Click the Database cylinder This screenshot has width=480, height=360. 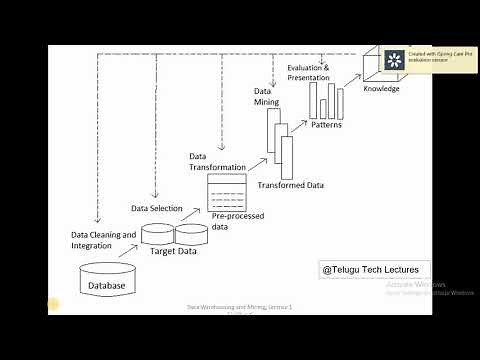coord(108,280)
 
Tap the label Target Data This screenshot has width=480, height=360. coord(173,252)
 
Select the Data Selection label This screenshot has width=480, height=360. coord(157,208)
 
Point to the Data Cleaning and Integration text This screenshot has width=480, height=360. coord(103,240)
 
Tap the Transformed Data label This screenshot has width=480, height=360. coord(290,185)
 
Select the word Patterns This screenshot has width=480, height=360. coord(327,125)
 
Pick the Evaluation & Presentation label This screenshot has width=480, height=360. coord(308,72)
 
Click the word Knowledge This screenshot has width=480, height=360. coord(381,88)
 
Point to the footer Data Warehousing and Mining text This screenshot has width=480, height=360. coord(241,308)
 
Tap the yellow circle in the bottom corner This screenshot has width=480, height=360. coord(54,305)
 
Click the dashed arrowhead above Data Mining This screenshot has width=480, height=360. coord(272,84)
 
